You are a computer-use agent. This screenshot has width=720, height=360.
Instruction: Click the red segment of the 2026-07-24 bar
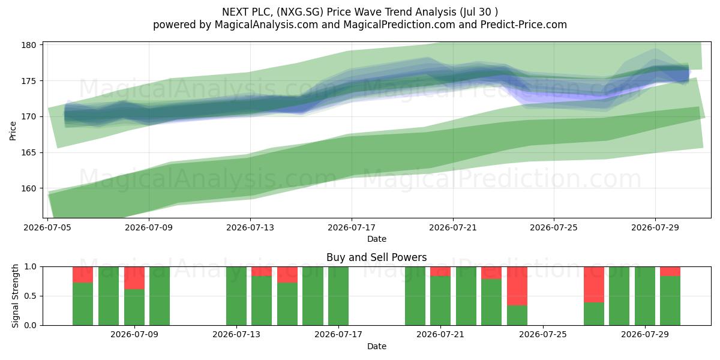pyautogui.click(x=517, y=286)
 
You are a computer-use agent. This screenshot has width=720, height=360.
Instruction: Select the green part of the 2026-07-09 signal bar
pyautogui.click(x=134, y=307)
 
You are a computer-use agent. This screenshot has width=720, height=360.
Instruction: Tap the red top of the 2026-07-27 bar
pyautogui.click(x=593, y=284)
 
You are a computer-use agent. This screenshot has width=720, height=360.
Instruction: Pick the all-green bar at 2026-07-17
pyautogui.click(x=338, y=296)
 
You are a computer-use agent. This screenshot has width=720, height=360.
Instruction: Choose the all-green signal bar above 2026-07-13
pyautogui.click(x=236, y=296)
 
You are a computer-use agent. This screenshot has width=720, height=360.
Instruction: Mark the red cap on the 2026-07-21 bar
pyautogui.click(x=440, y=271)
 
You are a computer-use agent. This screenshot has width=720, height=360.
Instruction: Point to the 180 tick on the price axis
pyautogui.click(x=28, y=45)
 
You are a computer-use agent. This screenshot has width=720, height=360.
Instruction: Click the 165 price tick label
pyautogui.click(x=28, y=152)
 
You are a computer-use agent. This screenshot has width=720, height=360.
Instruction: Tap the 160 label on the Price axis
pyautogui.click(x=28, y=188)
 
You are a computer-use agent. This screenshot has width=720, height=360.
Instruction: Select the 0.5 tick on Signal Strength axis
pyautogui.click(x=31, y=296)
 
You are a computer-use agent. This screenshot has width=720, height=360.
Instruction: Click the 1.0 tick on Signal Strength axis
pyautogui.click(x=31, y=267)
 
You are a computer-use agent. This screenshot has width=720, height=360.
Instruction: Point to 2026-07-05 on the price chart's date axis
pyautogui.click(x=47, y=227)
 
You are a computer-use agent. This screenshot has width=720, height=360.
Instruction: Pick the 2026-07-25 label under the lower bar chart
pyautogui.click(x=543, y=334)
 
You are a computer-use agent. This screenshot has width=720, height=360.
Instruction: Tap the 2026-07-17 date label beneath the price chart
pyautogui.click(x=352, y=227)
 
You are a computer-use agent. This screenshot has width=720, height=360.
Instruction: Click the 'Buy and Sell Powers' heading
pyautogui.click(x=377, y=257)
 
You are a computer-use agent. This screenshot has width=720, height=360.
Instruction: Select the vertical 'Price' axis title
pyautogui.click(x=13, y=131)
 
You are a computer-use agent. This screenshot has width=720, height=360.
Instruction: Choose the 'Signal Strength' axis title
pyautogui.click(x=15, y=296)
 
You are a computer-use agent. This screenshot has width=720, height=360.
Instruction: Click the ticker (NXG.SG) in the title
pyautogui.click(x=299, y=12)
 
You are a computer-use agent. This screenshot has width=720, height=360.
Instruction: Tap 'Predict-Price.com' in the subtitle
pyautogui.click(x=524, y=25)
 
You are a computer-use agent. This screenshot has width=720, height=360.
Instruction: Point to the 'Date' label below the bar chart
pyautogui.click(x=377, y=346)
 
